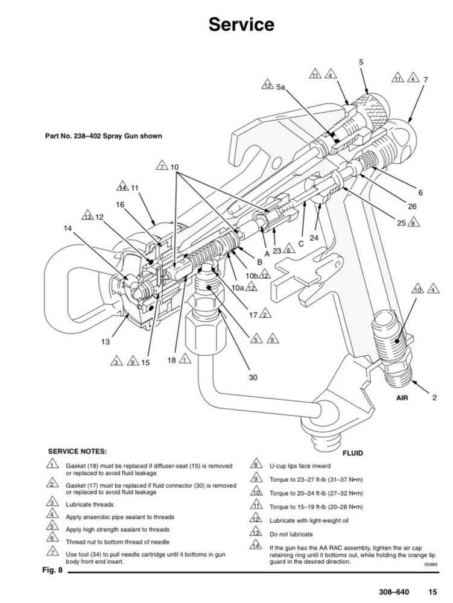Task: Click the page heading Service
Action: pos(241,25)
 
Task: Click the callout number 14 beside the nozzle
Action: pos(67,228)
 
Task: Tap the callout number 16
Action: pos(120,204)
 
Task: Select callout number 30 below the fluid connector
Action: pos(253,377)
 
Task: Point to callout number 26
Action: pos(413,206)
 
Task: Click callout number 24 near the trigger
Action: pos(314,238)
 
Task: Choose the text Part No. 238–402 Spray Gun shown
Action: pos(104,136)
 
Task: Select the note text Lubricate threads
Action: pos(90,504)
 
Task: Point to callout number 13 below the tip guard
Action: pos(106,342)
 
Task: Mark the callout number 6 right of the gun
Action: pos(420,193)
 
